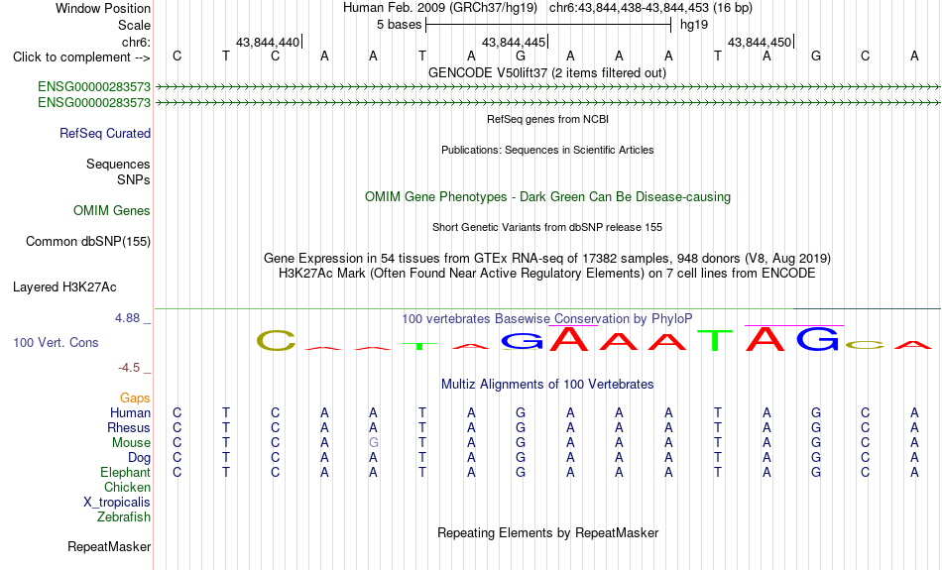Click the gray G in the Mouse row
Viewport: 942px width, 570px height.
coord(373,443)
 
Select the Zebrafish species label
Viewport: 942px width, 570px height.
coord(124,516)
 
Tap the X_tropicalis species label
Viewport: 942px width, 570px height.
coord(117,503)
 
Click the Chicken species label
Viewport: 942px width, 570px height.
coord(127,487)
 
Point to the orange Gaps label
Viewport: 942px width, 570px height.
coord(135,399)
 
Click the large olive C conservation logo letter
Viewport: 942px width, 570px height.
coord(277,341)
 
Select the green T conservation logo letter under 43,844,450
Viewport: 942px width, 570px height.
coord(715,341)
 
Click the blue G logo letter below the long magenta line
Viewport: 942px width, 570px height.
coord(818,339)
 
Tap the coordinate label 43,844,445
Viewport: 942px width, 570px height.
coord(513,42)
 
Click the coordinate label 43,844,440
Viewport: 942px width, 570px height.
coord(268,42)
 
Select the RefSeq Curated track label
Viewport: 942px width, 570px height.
coord(105,134)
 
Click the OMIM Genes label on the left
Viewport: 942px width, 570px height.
coord(112,211)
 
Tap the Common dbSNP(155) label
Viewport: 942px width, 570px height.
coord(88,242)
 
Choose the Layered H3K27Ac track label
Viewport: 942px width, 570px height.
coord(64,287)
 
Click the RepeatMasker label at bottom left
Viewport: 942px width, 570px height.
coord(109,546)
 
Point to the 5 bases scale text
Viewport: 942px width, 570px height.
coord(399,25)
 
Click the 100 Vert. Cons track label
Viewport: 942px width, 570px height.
coord(56,342)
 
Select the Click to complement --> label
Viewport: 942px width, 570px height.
coord(81,57)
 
